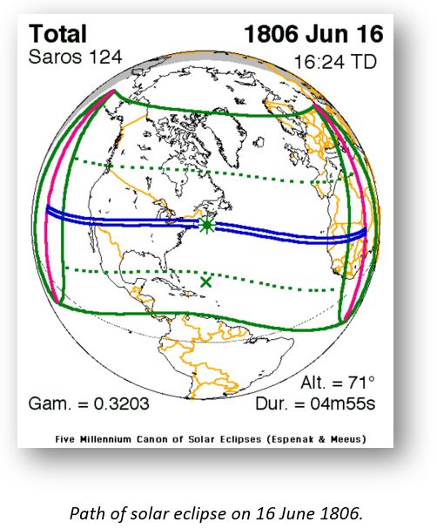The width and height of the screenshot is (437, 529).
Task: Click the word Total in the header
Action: click(58, 34)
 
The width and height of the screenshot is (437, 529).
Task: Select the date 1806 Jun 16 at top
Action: click(314, 35)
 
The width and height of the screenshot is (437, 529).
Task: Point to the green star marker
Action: click(206, 225)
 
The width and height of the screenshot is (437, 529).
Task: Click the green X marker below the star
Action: click(206, 281)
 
